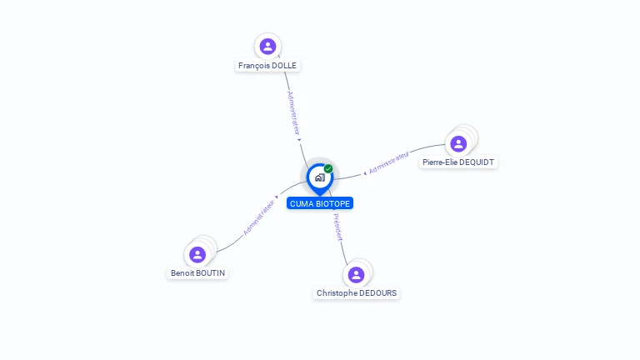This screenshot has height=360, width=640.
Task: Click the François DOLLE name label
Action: click(x=267, y=65)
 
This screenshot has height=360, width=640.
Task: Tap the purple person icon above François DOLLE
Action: click(x=267, y=46)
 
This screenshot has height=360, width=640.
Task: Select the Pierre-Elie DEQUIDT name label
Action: click(x=458, y=162)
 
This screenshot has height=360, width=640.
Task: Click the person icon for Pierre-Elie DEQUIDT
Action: click(x=458, y=143)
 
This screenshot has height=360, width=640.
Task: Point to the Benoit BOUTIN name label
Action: click(x=197, y=272)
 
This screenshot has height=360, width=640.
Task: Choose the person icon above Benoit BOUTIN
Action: click(x=197, y=254)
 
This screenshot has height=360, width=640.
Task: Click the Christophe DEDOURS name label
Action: click(x=357, y=292)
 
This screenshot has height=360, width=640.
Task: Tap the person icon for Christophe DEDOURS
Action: click(x=357, y=274)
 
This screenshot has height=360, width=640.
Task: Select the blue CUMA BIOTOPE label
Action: click(x=320, y=203)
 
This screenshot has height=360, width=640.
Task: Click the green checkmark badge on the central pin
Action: click(x=328, y=168)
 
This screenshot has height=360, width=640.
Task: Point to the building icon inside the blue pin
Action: click(x=320, y=177)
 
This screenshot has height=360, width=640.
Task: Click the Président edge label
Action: click(x=338, y=227)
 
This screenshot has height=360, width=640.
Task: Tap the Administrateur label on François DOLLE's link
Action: click(x=293, y=113)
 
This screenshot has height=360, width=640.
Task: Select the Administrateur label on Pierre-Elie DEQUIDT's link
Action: click(x=388, y=162)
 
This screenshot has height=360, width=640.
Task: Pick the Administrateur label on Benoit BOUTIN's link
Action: click(x=259, y=217)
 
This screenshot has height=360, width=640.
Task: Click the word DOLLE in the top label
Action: click(x=284, y=65)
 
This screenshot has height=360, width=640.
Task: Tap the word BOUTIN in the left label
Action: click(x=211, y=272)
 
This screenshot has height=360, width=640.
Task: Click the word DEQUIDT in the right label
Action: click(x=477, y=162)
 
